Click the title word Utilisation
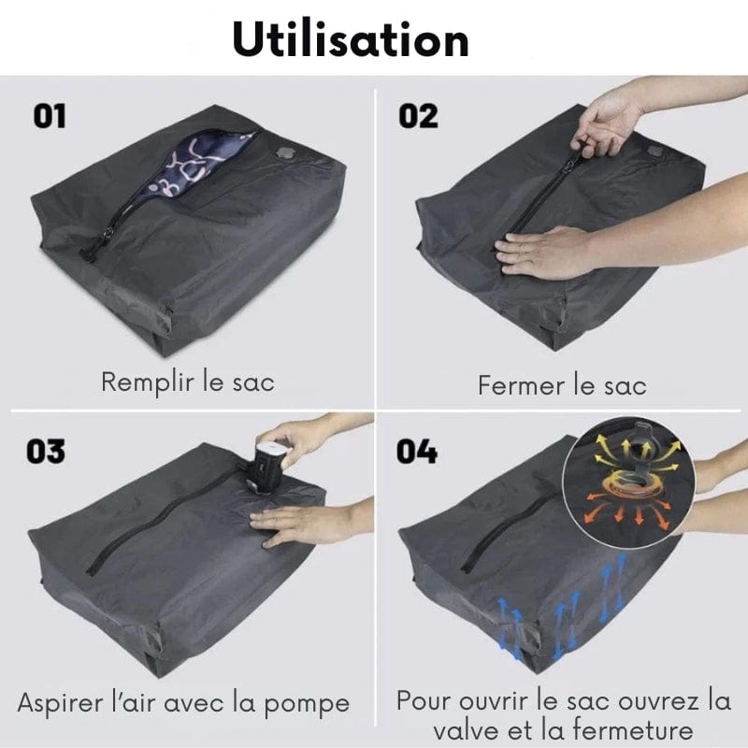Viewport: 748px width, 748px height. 351,39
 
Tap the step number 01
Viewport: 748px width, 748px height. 50,116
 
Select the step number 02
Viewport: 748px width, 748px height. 418,116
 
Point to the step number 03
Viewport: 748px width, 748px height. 46,452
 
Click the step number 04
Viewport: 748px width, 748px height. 416,452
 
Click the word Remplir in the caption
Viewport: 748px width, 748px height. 148,383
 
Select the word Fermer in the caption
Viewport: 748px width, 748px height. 522,385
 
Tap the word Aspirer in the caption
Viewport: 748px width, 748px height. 60,704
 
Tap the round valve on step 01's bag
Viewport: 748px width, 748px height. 285,153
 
